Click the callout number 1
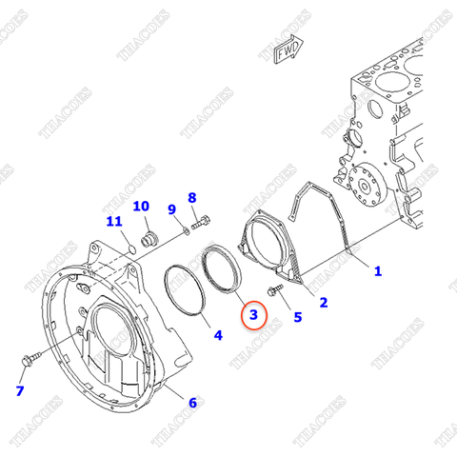378,271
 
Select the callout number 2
323,303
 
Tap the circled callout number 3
253,313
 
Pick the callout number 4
217,335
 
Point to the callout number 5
297,318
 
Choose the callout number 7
19,391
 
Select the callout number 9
172,209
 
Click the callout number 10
141,206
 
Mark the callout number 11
114,223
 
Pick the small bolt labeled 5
277,287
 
